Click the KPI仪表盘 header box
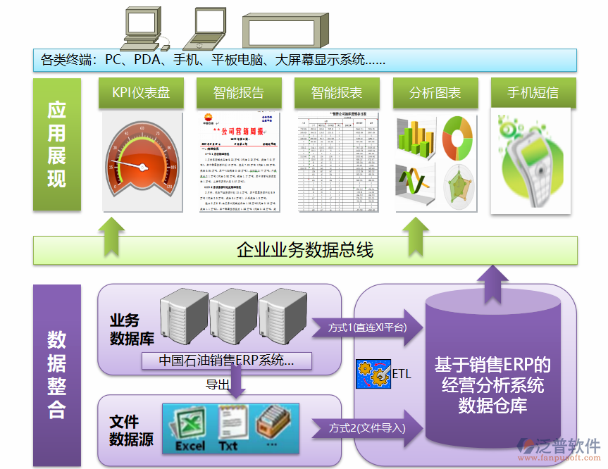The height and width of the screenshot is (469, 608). coord(141,93)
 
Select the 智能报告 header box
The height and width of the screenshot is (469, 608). coord(239,93)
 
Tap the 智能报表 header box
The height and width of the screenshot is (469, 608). coord(337,93)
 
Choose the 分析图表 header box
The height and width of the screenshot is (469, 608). coord(435,93)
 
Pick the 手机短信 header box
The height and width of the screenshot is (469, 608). coord(533,93)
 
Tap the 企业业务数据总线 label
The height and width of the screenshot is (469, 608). coord(305,250)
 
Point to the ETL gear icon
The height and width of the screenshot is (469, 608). coord(373,373)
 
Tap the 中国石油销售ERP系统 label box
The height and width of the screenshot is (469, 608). coord(225,361)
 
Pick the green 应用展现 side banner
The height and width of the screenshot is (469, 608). coord(56,144)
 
